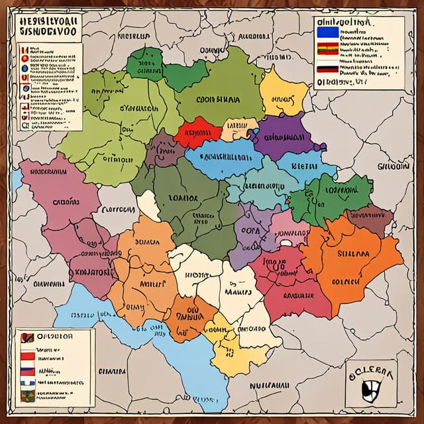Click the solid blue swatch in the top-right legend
tap(327, 32)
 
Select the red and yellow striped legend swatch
tap(327, 48)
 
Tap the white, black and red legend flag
tap(327, 66)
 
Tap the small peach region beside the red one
tap(240, 128)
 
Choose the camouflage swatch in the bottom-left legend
tap(27, 396)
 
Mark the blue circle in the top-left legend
tap(25, 68)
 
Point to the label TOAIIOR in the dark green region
tap(184, 197)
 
